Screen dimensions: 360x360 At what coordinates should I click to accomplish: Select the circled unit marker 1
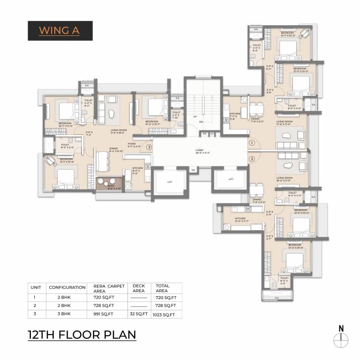(x=251, y=142)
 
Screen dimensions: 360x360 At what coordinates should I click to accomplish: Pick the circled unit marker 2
(x=251, y=159)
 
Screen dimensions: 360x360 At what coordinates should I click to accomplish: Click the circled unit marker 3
(x=149, y=147)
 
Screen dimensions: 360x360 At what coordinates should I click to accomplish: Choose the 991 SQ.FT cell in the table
(x=106, y=314)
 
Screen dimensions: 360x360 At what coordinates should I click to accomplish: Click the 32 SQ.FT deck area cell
(x=139, y=314)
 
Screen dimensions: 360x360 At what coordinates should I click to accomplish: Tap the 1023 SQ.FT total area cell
(x=165, y=315)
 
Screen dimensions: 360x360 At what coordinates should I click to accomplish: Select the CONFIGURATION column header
(x=67, y=287)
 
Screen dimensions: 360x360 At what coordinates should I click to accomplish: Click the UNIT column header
(x=36, y=287)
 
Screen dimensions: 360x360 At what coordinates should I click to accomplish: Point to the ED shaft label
(x=204, y=134)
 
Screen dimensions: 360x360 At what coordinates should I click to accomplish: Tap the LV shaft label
(x=212, y=134)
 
